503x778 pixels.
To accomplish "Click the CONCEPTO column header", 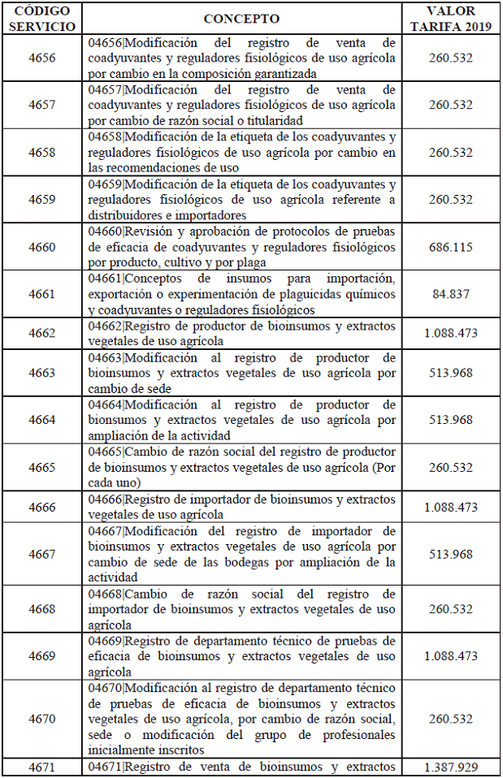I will [241, 19].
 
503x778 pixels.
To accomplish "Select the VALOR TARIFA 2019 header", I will [450, 19].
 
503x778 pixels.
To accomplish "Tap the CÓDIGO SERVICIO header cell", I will [42, 19].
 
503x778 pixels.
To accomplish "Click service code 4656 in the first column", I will [42, 58].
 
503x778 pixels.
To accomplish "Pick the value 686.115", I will [450, 247].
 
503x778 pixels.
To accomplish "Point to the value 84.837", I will [450, 294].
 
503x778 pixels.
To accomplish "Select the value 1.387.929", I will [450, 767].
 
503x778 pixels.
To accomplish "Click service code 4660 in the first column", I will [42, 247].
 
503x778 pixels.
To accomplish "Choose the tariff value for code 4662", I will [450, 333].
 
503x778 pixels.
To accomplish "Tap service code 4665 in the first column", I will [42, 468].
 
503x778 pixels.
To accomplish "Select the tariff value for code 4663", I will [450, 373].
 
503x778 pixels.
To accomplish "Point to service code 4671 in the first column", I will [42, 767].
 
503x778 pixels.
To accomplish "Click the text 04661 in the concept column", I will [104, 279].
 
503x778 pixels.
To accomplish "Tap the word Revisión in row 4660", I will [151, 231].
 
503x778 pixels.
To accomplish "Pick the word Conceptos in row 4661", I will [155, 279].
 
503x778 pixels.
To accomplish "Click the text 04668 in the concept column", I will [104, 594].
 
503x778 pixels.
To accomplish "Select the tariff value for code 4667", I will [450, 554].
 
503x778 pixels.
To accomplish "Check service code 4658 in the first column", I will [42, 153].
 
